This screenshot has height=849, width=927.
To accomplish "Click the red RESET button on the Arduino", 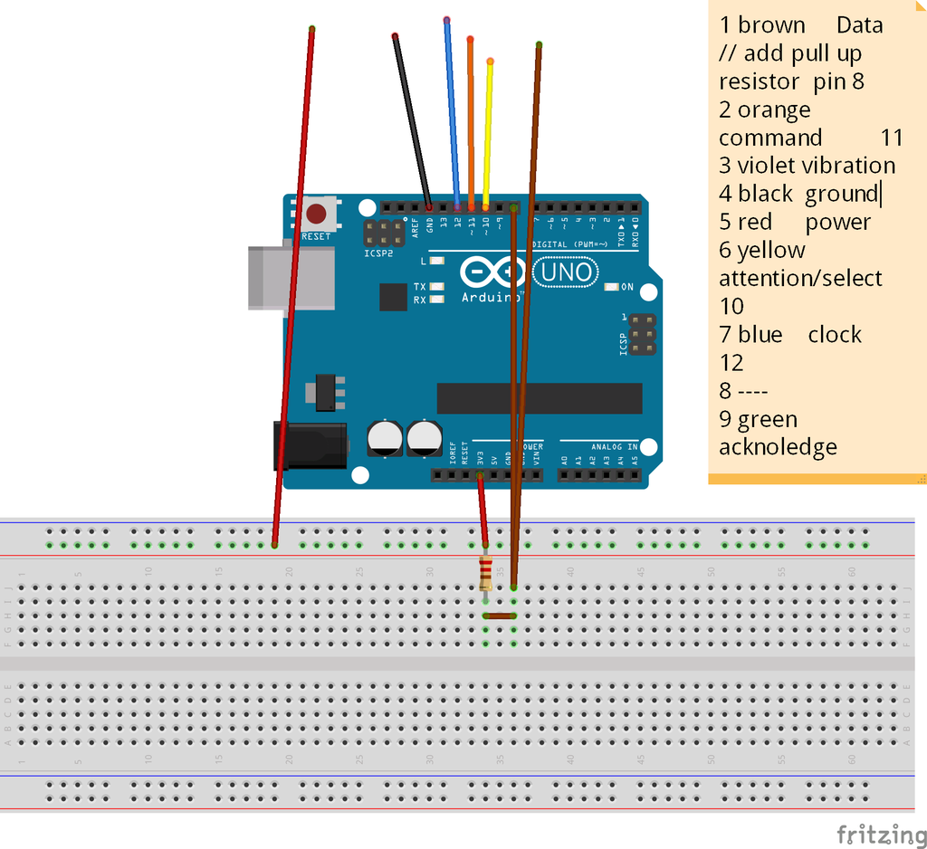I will click(316, 215).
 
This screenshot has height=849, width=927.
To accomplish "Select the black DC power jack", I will click(311, 445).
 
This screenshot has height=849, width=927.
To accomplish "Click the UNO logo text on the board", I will click(568, 272).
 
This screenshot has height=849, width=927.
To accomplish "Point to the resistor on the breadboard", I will click(486, 570).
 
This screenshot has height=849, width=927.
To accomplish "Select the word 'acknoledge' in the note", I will click(778, 447).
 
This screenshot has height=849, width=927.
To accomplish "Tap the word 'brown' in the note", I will click(771, 25).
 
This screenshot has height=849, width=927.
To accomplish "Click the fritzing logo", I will click(874, 834).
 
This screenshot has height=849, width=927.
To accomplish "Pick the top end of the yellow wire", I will click(490, 62).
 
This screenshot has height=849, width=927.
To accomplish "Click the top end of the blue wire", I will click(446, 19).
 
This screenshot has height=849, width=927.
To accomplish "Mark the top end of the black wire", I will click(395, 36).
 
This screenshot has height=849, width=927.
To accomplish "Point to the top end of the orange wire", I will click(470, 39).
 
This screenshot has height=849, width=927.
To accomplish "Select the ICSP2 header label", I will click(377, 253).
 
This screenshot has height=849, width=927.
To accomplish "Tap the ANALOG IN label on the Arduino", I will click(615, 446).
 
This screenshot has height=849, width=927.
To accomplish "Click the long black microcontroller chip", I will click(540, 398).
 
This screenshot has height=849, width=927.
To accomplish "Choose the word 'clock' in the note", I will click(835, 335).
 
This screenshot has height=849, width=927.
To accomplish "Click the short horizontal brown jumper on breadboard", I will click(500, 615).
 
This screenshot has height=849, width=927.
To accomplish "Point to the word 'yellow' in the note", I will click(770, 250).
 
